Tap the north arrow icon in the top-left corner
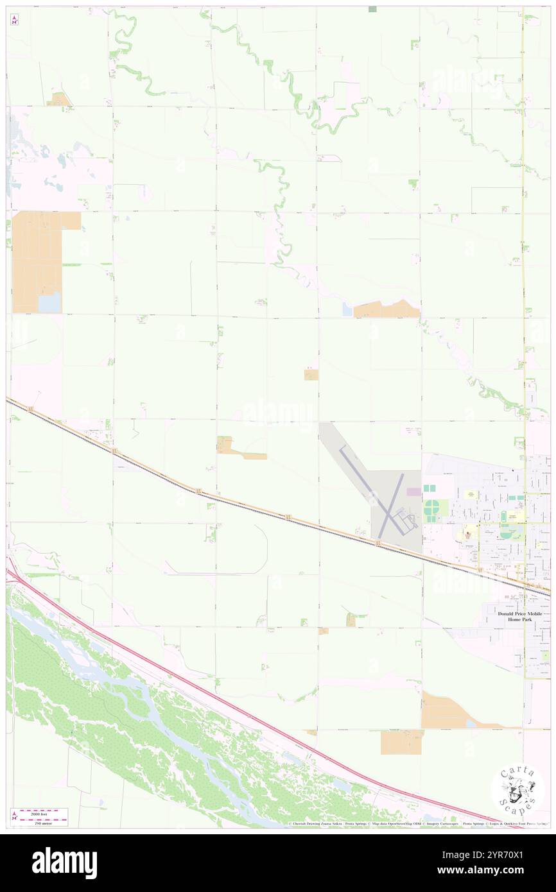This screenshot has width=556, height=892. (x=14, y=20)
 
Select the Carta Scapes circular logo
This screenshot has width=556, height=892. (x=517, y=790)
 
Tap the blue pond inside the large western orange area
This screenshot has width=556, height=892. (x=49, y=302)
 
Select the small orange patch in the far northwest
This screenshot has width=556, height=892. (x=60, y=99)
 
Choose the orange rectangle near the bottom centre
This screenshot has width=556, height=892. (x=401, y=742)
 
